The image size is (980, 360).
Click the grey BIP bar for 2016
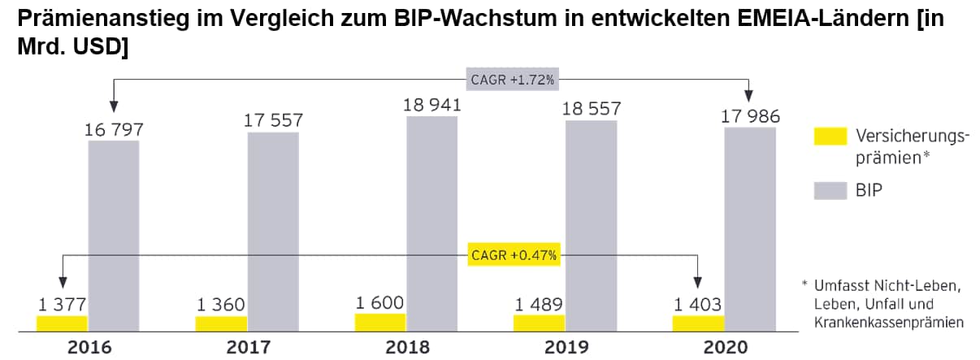(x=114, y=236)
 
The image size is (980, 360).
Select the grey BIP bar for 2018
(x=432, y=223)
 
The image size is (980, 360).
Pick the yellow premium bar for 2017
(x=220, y=323)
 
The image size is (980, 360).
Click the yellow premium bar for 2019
(x=538, y=323)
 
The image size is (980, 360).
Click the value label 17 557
(x=273, y=119)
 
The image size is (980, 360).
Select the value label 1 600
(x=379, y=302)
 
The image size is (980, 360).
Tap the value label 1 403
(x=697, y=305)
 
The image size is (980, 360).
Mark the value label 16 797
(x=114, y=128)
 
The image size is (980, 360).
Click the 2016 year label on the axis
(x=89, y=348)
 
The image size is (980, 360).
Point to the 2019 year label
(x=566, y=348)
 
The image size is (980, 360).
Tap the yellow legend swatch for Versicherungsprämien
(x=830, y=137)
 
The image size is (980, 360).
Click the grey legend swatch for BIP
(x=830, y=191)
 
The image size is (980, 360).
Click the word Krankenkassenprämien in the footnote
(x=890, y=323)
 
